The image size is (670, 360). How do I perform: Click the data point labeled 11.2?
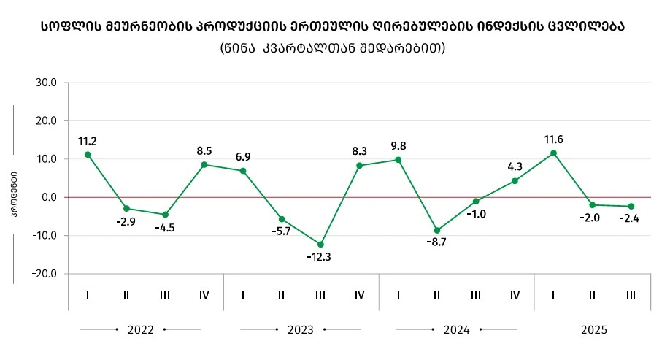coord(88,154)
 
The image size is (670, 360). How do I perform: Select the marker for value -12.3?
coord(320,244)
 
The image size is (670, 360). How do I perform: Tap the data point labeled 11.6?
coord(554,153)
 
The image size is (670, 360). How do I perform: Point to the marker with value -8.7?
coord(437,230)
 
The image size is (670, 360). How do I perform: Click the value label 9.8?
coord(398,145)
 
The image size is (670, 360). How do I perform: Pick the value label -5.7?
coord(282,231)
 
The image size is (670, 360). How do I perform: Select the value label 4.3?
coord(515,166)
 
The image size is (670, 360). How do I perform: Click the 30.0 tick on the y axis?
coord(47,83)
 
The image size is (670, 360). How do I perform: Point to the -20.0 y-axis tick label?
coord(45,274)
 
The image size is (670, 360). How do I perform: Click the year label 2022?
coord(140,329)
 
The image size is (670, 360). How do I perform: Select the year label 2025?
coord(594,329)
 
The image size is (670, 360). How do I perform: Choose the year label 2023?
coord(300,329)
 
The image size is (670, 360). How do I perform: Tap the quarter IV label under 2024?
coord(515,295)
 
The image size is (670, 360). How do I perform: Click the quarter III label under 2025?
coord(631,295)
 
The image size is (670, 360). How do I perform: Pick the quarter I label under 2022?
coord(88,295)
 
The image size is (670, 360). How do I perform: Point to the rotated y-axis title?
coord(14,196)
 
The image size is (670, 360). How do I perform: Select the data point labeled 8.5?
coord(204,164)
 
